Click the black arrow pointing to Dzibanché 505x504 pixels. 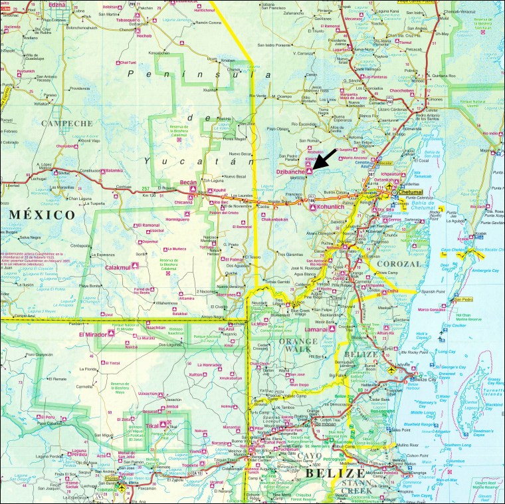click(326, 160)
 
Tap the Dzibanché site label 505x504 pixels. click(290, 172)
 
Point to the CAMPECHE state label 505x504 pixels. click(66, 123)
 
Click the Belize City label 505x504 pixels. click(428, 379)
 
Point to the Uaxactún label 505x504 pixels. click(149, 394)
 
